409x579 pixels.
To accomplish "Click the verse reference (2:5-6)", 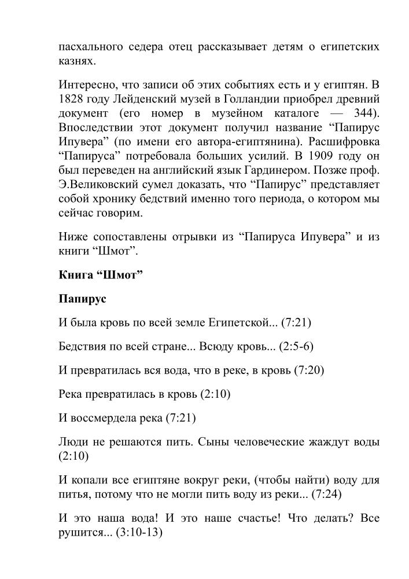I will tap(296, 346).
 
